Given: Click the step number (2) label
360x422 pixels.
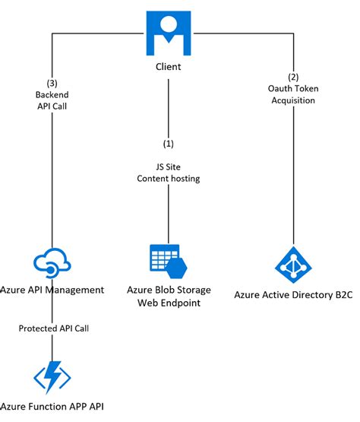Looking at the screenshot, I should [294, 78].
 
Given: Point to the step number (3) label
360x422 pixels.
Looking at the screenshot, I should [51, 82].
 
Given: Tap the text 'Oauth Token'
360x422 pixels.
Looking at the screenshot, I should [294, 89].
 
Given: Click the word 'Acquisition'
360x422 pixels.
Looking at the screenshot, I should [294, 100].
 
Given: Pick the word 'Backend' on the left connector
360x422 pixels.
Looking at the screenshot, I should [51, 94].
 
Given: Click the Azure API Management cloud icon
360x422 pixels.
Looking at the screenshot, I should [52, 263].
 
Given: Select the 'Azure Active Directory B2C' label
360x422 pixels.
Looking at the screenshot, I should [293, 295].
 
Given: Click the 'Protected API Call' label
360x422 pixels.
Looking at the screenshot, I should [52, 328].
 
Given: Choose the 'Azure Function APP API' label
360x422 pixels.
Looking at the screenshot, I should [52, 408].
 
